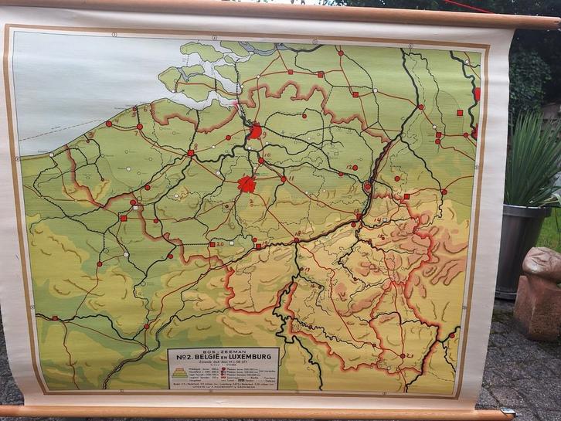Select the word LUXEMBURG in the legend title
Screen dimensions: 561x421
tap(252, 358)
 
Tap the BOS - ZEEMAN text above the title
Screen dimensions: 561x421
tap(223, 350)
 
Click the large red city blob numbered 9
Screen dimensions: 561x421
tap(255, 131)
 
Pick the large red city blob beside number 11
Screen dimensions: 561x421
tap(246, 184)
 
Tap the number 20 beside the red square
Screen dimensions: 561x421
tap(219, 243)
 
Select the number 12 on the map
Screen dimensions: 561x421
tap(348, 167)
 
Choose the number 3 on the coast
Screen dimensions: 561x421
tap(90, 134)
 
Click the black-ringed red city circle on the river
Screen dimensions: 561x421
tap(367, 186)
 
